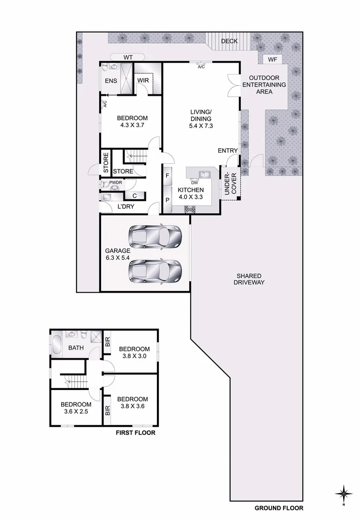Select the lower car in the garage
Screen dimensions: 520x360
pyautogui.click(x=155, y=271)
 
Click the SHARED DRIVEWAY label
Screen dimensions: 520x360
pyautogui.click(x=249, y=279)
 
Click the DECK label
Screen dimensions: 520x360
pyautogui.click(x=229, y=41)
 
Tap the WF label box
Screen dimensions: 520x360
pyautogui.click(x=272, y=60)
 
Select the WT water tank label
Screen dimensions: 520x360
pyautogui.click(x=128, y=57)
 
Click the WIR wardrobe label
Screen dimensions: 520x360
pyautogui.click(x=143, y=80)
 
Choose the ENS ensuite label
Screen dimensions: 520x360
pyautogui.click(x=111, y=81)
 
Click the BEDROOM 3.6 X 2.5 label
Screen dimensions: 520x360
pyautogui.click(x=76, y=408)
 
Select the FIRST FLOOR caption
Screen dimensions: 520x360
pyautogui.click(x=135, y=432)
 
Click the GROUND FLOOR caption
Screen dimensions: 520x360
pyautogui.click(x=279, y=508)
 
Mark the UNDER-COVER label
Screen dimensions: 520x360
pyautogui.click(x=230, y=183)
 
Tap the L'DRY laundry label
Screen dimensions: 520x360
pyautogui.click(x=126, y=207)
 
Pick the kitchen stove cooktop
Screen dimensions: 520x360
pyautogui.click(x=189, y=209)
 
